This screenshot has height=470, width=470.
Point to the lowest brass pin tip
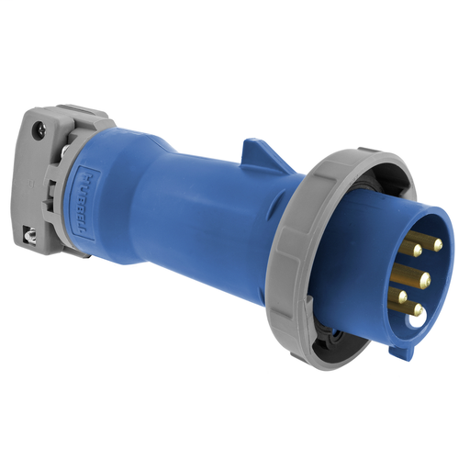point(415,310)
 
